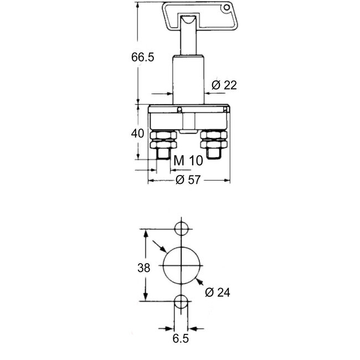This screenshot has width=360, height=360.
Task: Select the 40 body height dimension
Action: pyautogui.click(x=138, y=133)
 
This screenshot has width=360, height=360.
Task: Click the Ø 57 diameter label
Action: pyautogui.click(x=188, y=180)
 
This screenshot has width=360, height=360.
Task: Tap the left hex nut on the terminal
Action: pyautogui.click(x=163, y=140)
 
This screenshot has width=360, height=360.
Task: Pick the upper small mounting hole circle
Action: pyautogui.click(x=181, y=228)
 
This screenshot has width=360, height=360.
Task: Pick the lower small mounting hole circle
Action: pyautogui.click(x=181, y=302)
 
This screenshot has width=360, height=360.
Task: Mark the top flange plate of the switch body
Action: pyautogui.click(x=188, y=109)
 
